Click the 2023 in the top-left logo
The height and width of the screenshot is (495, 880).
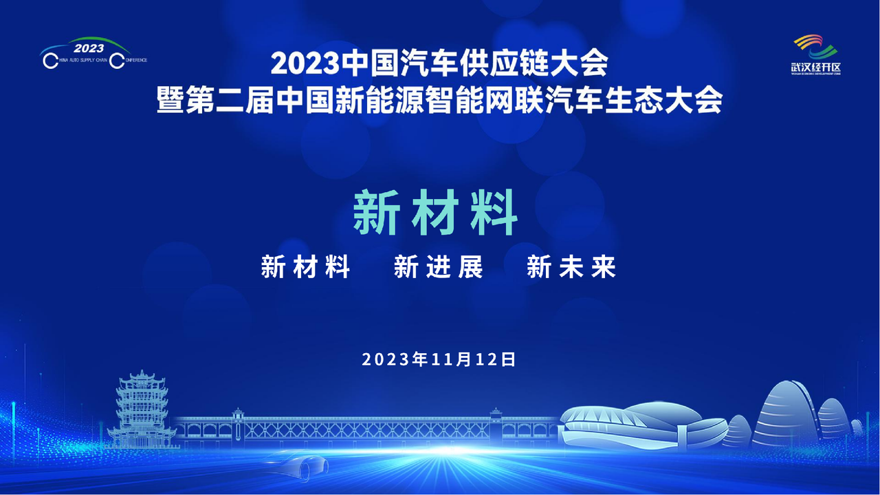pyautogui.click(x=89, y=48)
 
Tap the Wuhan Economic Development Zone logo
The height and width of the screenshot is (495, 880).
pyautogui.click(x=816, y=54)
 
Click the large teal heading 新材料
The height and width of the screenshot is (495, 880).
pyautogui.click(x=435, y=213)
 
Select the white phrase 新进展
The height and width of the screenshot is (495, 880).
pyautogui.click(x=439, y=267)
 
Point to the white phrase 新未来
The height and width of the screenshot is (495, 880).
pyautogui.click(x=571, y=267)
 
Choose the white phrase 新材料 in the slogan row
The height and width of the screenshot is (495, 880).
pyautogui.click(x=306, y=267)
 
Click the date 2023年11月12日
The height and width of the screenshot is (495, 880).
pyautogui.click(x=439, y=359)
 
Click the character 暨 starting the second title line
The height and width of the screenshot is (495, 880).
pyautogui.click(x=170, y=100)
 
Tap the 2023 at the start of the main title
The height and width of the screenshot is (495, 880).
pyautogui.click(x=305, y=64)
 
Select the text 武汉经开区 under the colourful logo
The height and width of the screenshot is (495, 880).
pyautogui.click(x=816, y=67)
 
